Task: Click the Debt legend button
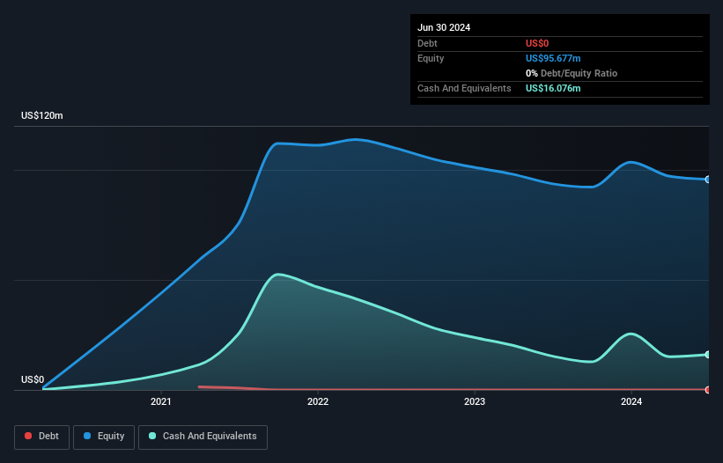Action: click(41, 436)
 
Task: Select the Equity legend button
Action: click(104, 436)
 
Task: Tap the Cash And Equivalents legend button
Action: click(203, 436)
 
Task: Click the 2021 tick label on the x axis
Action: click(161, 402)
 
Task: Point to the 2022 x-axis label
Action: click(318, 402)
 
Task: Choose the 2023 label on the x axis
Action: click(475, 402)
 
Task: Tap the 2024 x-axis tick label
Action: click(631, 402)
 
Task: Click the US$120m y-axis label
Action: click(42, 116)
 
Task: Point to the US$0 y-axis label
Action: click(33, 379)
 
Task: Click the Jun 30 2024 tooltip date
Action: click(444, 27)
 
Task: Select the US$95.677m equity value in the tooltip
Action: click(553, 58)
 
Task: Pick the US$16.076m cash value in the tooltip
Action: click(553, 88)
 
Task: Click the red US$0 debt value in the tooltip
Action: click(537, 43)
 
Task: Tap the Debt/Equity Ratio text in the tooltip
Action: click(577, 73)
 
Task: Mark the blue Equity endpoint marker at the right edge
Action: click(708, 180)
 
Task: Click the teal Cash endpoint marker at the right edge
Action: click(708, 355)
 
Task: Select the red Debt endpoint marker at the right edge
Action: click(708, 389)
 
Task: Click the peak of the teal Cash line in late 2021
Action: click(278, 275)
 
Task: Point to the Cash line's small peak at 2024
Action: click(631, 334)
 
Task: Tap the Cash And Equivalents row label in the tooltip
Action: click(464, 88)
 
